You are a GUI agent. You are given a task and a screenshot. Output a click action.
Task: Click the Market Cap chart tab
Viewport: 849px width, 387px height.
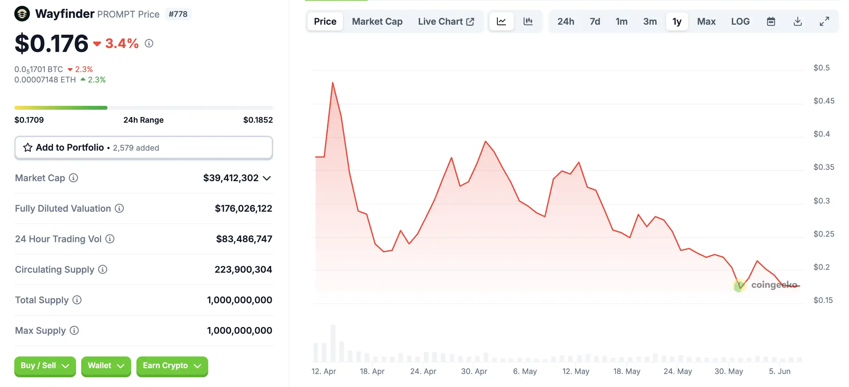pyautogui.click(x=377, y=21)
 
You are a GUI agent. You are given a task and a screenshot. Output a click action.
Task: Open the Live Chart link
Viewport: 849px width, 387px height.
pyautogui.click(x=446, y=21)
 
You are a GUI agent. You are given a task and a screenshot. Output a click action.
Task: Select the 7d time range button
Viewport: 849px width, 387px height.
pyautogui.click(x=595, y=21)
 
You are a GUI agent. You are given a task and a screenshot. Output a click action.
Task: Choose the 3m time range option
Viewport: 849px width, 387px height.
pyautogui.click(x=650, y=21)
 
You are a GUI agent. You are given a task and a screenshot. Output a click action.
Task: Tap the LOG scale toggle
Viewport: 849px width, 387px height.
pyautogui.click(x=740, y=21)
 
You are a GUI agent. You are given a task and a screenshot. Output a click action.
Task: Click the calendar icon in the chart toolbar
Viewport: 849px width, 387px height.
pyautogui.click(x=770, y=21)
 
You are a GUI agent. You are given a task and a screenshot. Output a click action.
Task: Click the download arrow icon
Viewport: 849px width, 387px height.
pyautogui.click(x=797, y=21)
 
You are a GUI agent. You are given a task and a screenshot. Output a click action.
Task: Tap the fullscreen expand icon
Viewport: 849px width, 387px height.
pyautogui.click(x=824, y=21)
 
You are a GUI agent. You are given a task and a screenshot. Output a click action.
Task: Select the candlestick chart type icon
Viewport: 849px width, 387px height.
pyautogui.click(x=528, y=21)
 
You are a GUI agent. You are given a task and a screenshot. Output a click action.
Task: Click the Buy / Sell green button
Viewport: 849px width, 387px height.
pyautogui.click(x=45, y=366)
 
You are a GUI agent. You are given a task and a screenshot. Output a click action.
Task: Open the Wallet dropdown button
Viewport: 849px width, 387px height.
pyautogui.click(x=106, y=366)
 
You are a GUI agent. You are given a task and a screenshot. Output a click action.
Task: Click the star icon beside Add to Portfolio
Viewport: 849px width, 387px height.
pyautogui.click(x=28, y=147)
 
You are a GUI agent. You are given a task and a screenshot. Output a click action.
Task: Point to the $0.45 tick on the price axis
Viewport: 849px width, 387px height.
pyautogui.click(x=824, y=100)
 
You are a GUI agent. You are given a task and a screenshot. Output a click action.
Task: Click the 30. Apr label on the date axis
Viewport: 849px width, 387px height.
pyautogui.click(x=474, y=371)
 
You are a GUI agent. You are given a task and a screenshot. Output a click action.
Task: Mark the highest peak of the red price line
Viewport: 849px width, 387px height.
pyautogui.click(x=333, y=83)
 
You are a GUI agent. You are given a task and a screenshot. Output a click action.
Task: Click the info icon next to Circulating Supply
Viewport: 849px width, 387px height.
pyautogui.click(x=103, y=269)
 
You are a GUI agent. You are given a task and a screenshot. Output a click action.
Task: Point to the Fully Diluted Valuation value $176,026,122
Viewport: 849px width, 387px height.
pyautogui.click(x=243, y=208)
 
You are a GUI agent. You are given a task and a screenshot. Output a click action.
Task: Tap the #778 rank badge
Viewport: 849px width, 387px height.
pyautogui.click(x=178, y=14)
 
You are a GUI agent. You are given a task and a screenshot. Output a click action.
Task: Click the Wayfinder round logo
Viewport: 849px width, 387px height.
pyautogui.click(x=22, y=14)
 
